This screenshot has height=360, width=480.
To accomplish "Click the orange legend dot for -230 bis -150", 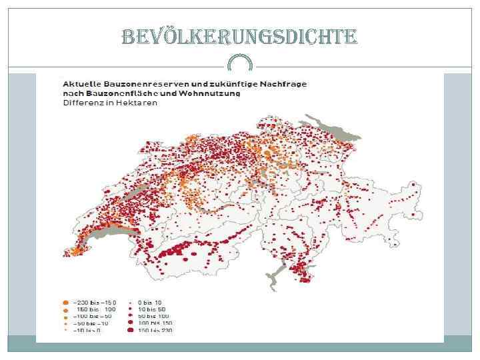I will point(65,303).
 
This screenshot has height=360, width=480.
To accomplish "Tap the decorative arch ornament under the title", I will point(240,64).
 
